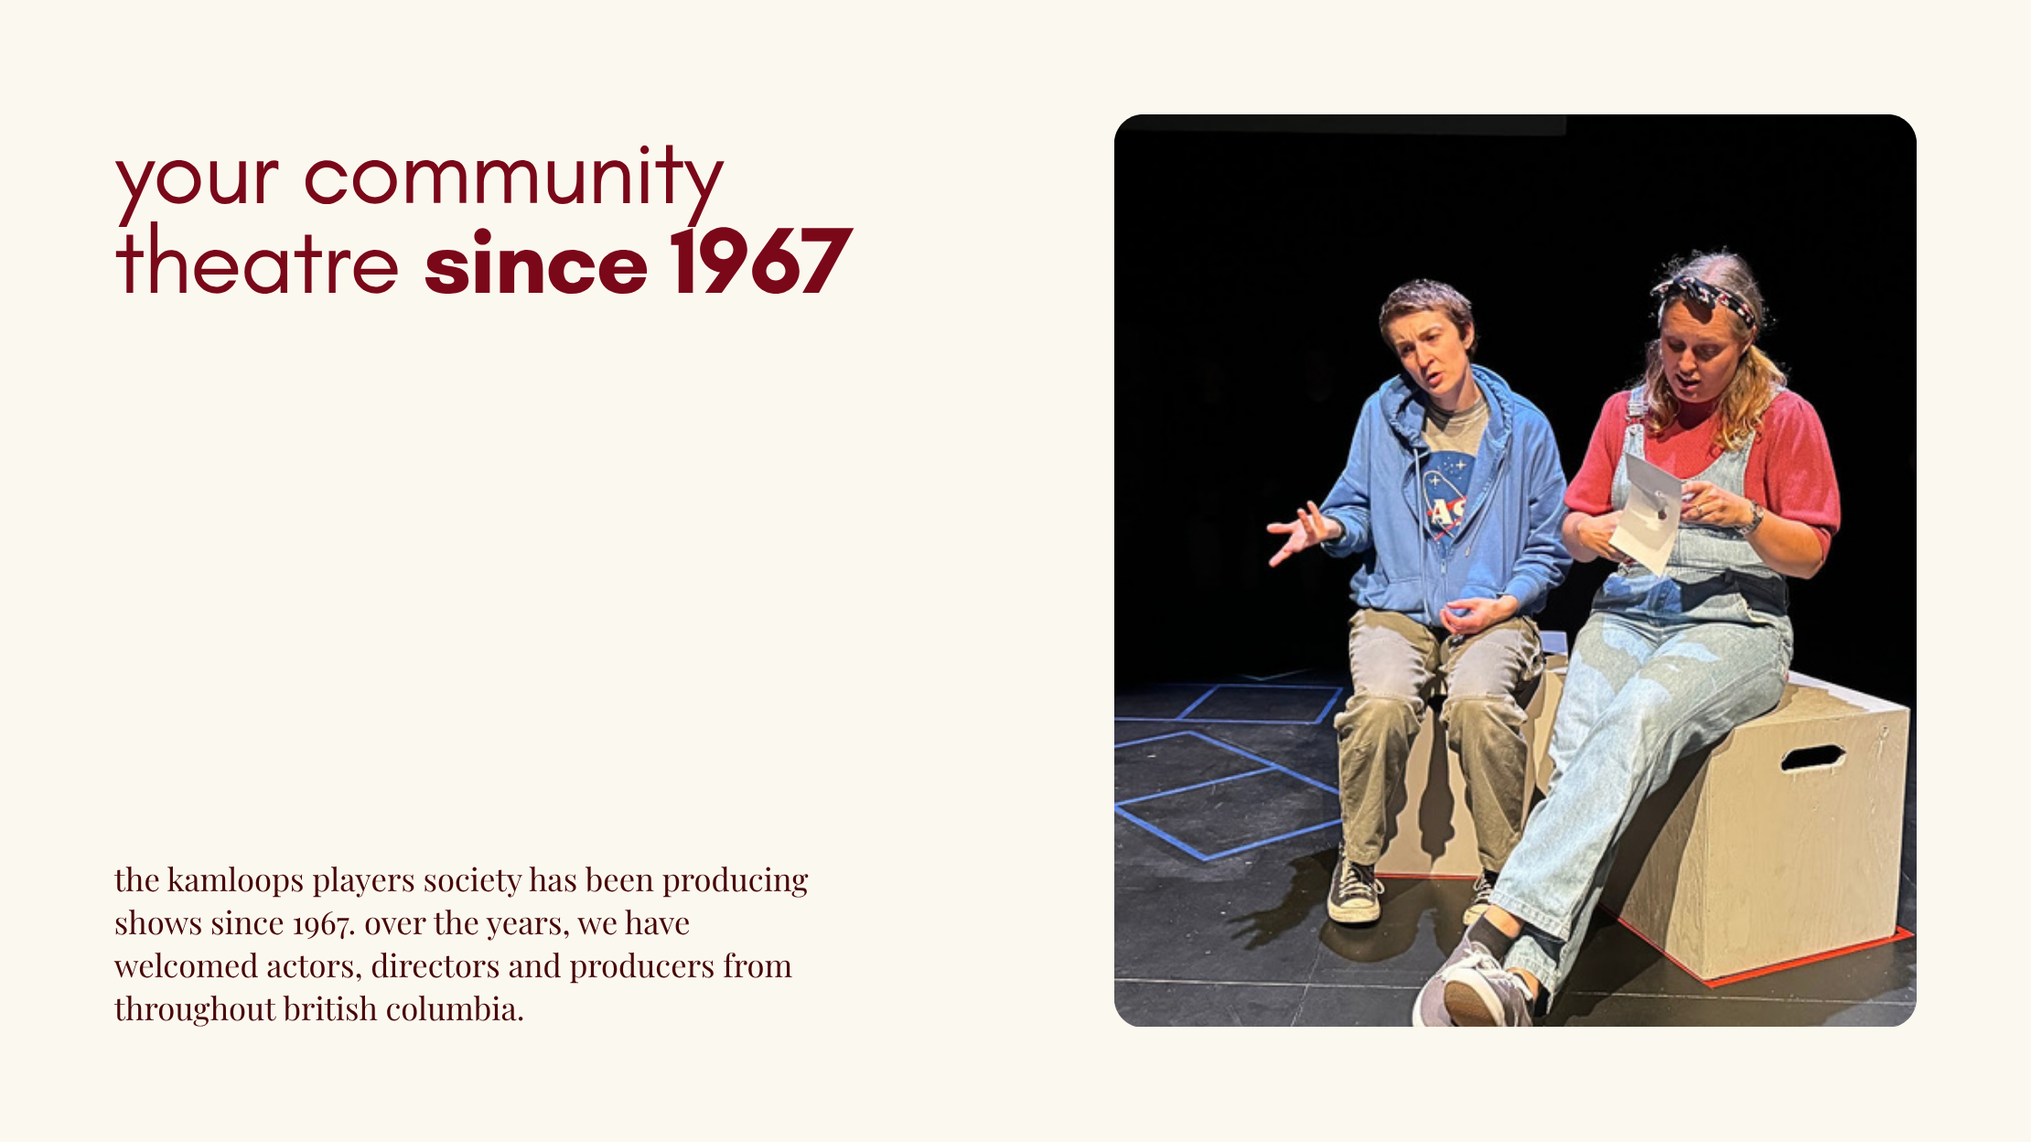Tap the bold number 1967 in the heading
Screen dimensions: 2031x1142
(761, 263)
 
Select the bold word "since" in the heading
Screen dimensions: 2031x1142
(536, 263)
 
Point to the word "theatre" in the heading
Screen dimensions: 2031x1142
(257, 261)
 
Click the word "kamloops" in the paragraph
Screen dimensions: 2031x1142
(235, 879)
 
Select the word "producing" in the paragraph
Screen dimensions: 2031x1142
(736, 881)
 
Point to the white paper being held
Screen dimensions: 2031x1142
(1647, 512)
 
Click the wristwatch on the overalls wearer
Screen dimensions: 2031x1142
(1752, 520)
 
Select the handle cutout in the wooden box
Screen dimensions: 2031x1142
(1811, 758)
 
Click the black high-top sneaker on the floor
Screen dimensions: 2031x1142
(1354, 889)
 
